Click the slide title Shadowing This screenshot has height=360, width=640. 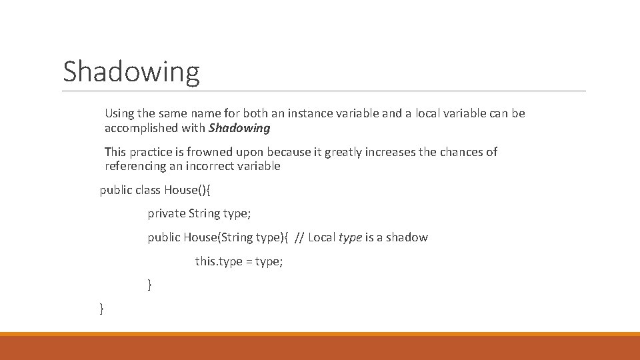pos(131,71)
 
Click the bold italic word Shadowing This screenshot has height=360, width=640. pos(239,128)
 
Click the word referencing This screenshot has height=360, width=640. pos(135,166)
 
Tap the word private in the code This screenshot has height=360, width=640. pos(167,214)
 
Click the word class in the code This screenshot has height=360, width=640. pos(148,190)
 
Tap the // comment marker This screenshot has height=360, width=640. pos(299,238)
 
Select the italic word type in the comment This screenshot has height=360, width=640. pos(351,238)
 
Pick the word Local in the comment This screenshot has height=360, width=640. pos(322,238)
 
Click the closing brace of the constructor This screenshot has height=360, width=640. pos(150,285)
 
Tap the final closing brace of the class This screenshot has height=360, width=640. pos(101,308)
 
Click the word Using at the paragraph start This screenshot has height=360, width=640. pos(119,114)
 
